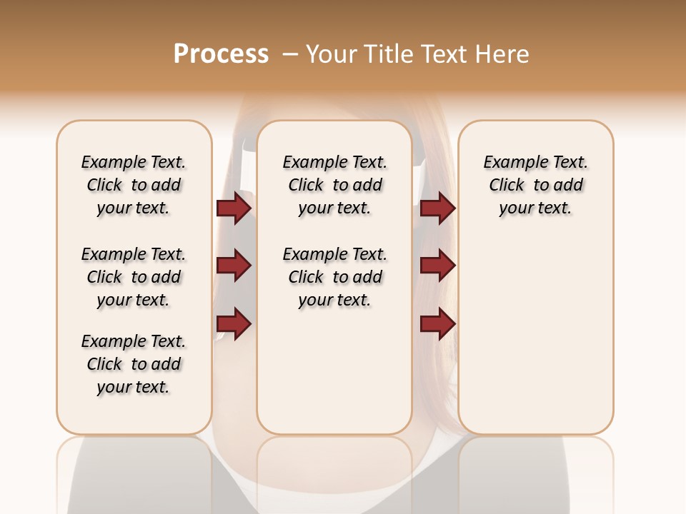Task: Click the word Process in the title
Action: (221, 54)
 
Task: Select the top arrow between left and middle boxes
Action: (234, 208)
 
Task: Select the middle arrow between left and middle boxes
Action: (234, 266)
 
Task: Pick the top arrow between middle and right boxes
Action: (437, 208)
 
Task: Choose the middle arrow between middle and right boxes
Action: (437, 266)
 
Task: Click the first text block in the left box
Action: (134, 185)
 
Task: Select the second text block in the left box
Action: (134, 277)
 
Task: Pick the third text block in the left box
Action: (134, 364)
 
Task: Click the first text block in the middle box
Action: (334, 185)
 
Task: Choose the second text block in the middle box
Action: (334, 277)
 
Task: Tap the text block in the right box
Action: (535, 185)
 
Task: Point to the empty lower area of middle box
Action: (334, 371)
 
